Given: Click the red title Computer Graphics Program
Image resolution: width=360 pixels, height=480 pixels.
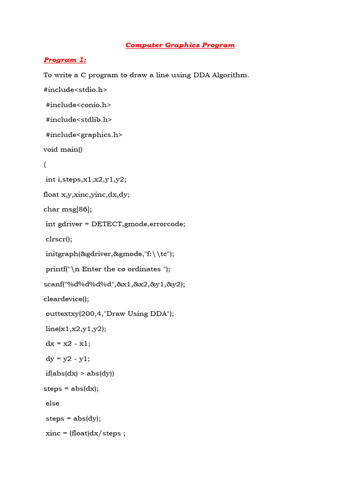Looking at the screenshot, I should coord(180,45).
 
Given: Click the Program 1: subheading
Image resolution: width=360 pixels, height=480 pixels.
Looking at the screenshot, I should coord(65,60).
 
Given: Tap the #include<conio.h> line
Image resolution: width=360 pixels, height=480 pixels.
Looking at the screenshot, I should coord(78,105).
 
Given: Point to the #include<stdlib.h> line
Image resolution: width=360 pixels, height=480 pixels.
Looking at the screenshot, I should coord(79,120).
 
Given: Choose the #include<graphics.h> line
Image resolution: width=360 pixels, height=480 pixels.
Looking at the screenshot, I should coord(84,135).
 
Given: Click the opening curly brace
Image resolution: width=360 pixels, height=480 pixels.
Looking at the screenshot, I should coord(45,165).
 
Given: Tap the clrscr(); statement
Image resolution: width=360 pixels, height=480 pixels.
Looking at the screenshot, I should coord(60,239).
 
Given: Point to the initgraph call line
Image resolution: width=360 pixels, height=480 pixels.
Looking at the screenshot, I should coord(110,254).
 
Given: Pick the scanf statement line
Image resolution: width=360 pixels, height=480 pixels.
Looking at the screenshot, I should coord(114,284).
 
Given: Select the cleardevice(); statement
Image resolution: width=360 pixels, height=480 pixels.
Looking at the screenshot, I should coord(66,299).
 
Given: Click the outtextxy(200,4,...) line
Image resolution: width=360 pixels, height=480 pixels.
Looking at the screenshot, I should coord(110,314).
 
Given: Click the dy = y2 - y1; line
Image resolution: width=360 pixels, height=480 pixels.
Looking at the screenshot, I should coord(67,359).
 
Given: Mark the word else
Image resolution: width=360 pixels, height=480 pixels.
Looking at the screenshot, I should coord(52,403).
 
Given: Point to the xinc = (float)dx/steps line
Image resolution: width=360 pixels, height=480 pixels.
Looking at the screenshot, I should coord(85,433).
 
